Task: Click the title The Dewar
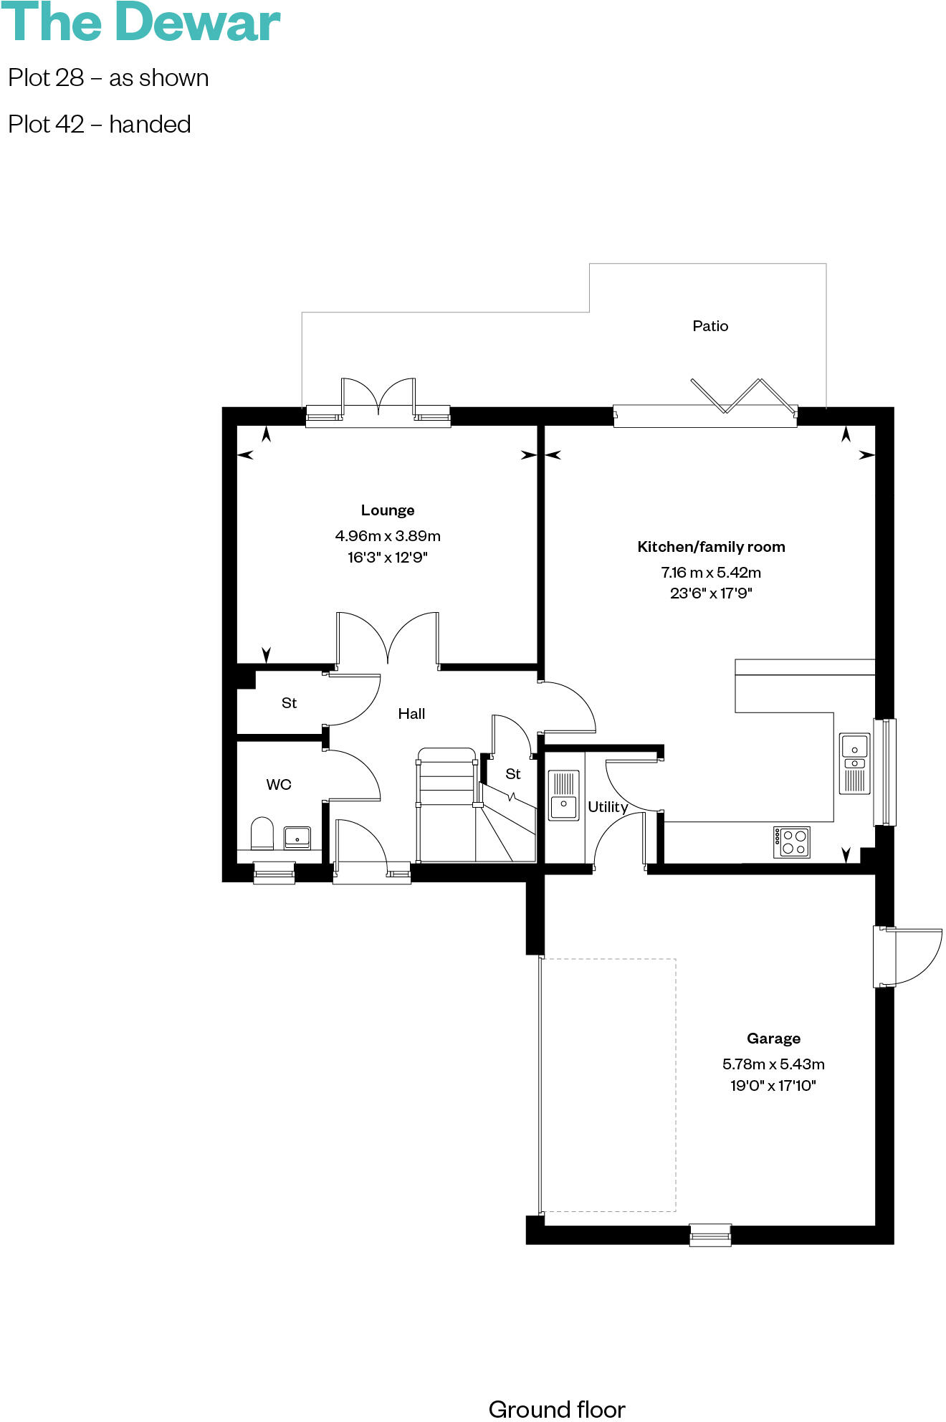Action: (140, 23)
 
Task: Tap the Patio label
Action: (709, 326)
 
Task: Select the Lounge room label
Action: (387, 510)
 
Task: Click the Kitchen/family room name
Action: (711, 547)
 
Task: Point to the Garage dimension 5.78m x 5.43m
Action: (773, 1064)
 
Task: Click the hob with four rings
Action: (792, 842)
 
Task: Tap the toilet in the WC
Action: (262, 834)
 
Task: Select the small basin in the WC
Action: (297, 837)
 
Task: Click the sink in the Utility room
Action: (563, 795)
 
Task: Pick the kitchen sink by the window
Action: (854, 764)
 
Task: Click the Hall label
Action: (411, 714)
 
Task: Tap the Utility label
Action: (607, 807)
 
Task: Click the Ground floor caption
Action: (556, 1409)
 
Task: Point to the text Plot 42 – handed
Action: (100, 125)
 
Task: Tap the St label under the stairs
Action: (512, 774)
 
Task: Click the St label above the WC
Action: (289, 703)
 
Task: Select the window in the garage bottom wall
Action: (709, 1234)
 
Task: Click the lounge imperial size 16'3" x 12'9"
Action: (387, 558)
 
